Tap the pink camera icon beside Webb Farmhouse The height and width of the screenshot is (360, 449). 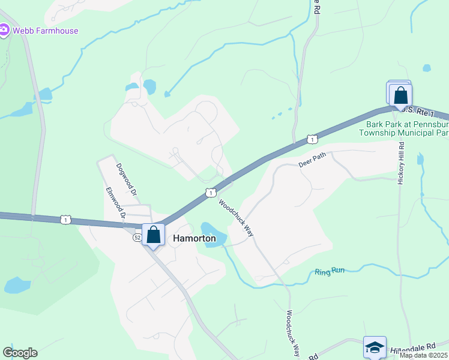click(4, 30)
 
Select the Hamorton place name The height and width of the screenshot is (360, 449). click(194, 238)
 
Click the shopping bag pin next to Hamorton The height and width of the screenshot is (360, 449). click(154, 235)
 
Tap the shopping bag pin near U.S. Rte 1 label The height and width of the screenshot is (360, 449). click(400, 95)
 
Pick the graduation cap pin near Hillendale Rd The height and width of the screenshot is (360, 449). click(375, 347)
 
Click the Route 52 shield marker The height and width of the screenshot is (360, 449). click(137, 238)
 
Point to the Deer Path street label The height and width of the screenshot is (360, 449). click(312, 160)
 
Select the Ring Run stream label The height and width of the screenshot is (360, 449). click(330, 271)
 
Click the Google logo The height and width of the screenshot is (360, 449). click(20, 353)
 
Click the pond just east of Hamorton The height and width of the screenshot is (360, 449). click(213, 233)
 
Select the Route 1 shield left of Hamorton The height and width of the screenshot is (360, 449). click(65, 220)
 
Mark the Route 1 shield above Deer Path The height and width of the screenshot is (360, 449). click(312, 140)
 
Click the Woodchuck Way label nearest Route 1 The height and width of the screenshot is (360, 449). click(237, 217)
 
